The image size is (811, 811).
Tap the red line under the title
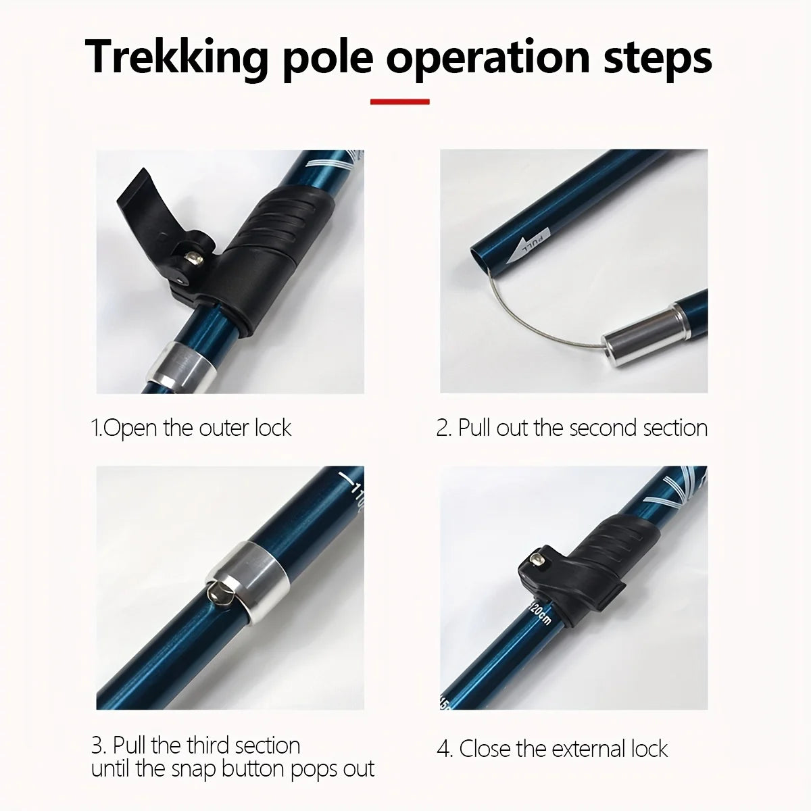point(400,102)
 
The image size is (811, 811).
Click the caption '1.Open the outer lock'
point(191,428)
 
